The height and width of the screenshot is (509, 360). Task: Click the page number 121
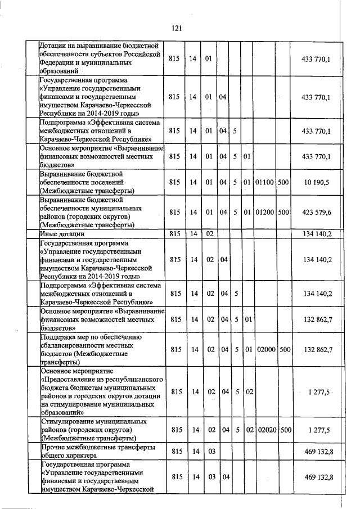pos(178,27)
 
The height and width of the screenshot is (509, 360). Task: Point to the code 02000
pos(264,349)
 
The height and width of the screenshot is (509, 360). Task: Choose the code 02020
pos(264,430)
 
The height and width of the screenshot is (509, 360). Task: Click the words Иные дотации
pos(62,233)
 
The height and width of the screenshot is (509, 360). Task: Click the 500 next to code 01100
pos(284,183)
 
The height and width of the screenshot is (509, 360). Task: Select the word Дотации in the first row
pos(54,45)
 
